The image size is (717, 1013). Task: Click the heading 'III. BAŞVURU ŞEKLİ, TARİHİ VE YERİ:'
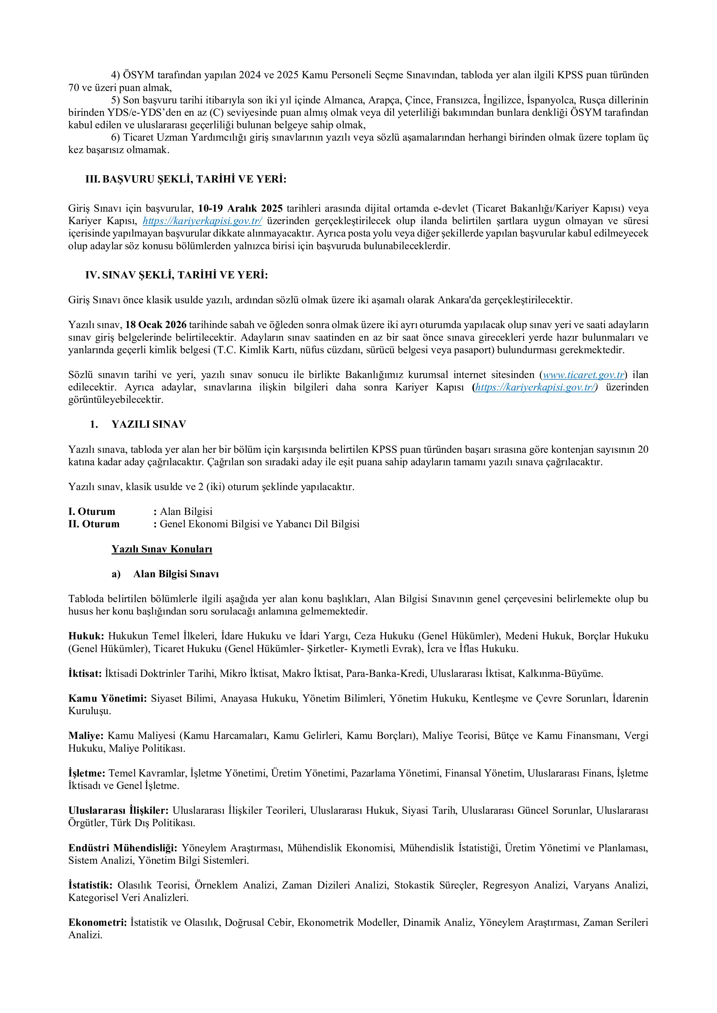coord(186,180)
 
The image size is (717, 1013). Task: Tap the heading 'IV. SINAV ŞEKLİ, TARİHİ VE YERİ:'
coord(177,275)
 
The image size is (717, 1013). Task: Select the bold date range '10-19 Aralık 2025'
coord(240,208)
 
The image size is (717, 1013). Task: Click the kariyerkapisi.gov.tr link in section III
coord(202,221)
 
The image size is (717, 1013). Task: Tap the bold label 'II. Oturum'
coord(94,524)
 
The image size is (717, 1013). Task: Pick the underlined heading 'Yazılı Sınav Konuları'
coord(162,549)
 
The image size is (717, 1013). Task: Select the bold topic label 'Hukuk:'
coord(86,636)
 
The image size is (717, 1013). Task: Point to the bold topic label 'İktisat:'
coord(85,674)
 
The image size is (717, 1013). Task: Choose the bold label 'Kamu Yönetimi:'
coord(107,699)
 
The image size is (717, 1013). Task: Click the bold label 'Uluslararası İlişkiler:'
coord(118,811)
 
